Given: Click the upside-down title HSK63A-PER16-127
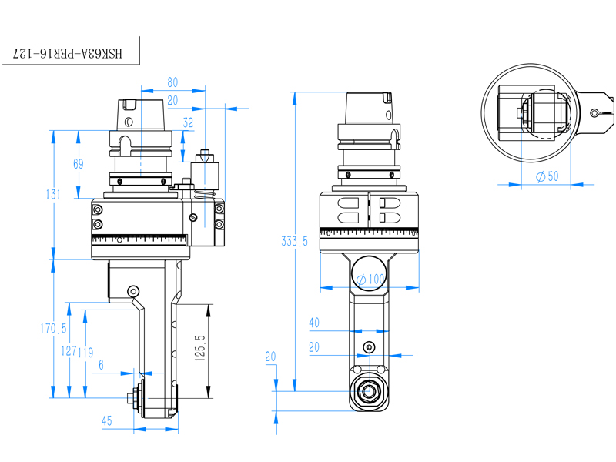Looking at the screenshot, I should [69, 53].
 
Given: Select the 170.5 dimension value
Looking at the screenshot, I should [54, 329].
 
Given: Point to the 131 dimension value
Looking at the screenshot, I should [52, 195].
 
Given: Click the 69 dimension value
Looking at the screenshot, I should [78, 163].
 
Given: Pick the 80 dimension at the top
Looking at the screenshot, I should [172, 82].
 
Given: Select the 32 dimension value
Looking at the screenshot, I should [188, 122].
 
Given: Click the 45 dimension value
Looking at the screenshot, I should [107, 420].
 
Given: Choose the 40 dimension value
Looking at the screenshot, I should [313, 323].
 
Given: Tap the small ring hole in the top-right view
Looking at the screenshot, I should [595, 113].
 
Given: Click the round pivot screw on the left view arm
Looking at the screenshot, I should [134, 291].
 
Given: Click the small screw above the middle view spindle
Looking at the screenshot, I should [370, 347].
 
